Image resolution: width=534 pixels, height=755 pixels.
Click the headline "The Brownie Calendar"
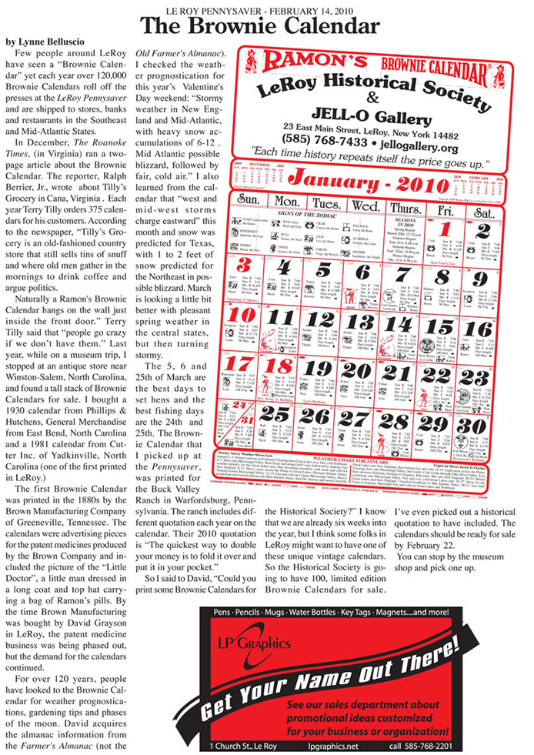pos(266,26)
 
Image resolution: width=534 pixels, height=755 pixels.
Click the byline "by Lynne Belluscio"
pos(49,39)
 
